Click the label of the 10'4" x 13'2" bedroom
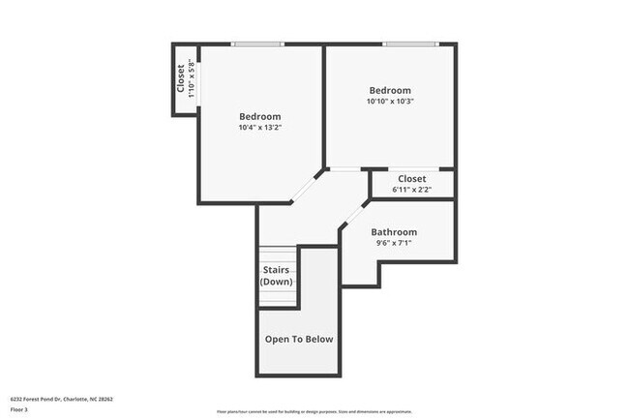[x=259, y=116]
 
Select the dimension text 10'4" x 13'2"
[x=259, y=128]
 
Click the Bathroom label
[x=394, y=232]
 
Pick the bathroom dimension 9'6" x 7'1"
[x=394, y=244]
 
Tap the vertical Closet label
[x=181, y=79]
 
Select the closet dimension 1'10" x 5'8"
[x=192, y=79]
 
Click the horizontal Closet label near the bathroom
[x=411, y=179]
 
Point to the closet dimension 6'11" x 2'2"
[x=411, y=191]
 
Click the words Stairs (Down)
[x=277, y=276]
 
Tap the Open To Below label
[x=299, y=339]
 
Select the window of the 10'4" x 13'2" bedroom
[x=256, y=44]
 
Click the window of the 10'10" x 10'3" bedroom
[x=409, y=44]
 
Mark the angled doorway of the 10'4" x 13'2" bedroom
[x=309, y=186]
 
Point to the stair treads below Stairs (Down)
[x=277, y=297]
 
